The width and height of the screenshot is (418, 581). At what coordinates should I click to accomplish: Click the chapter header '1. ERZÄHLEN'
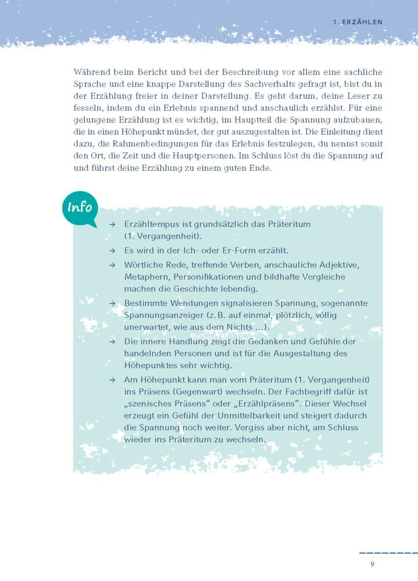point(357,22)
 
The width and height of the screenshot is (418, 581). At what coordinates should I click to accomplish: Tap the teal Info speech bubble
point(80,208)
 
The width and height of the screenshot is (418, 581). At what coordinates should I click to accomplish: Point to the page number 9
point(371,564)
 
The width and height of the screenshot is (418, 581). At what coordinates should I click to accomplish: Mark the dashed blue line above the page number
point(388,553)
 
